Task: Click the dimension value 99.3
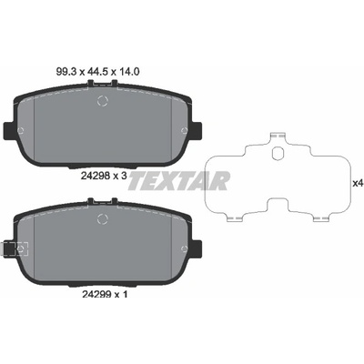tap(66, 72)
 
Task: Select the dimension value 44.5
tap(96, 72)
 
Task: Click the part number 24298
tap(95, 175)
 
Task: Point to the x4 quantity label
tap(358, 183)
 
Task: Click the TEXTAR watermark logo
tap(178, 180)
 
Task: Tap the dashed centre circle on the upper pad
tap(103, 101)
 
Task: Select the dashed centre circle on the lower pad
tap(103, 218)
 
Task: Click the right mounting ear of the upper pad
tap(197, 130)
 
